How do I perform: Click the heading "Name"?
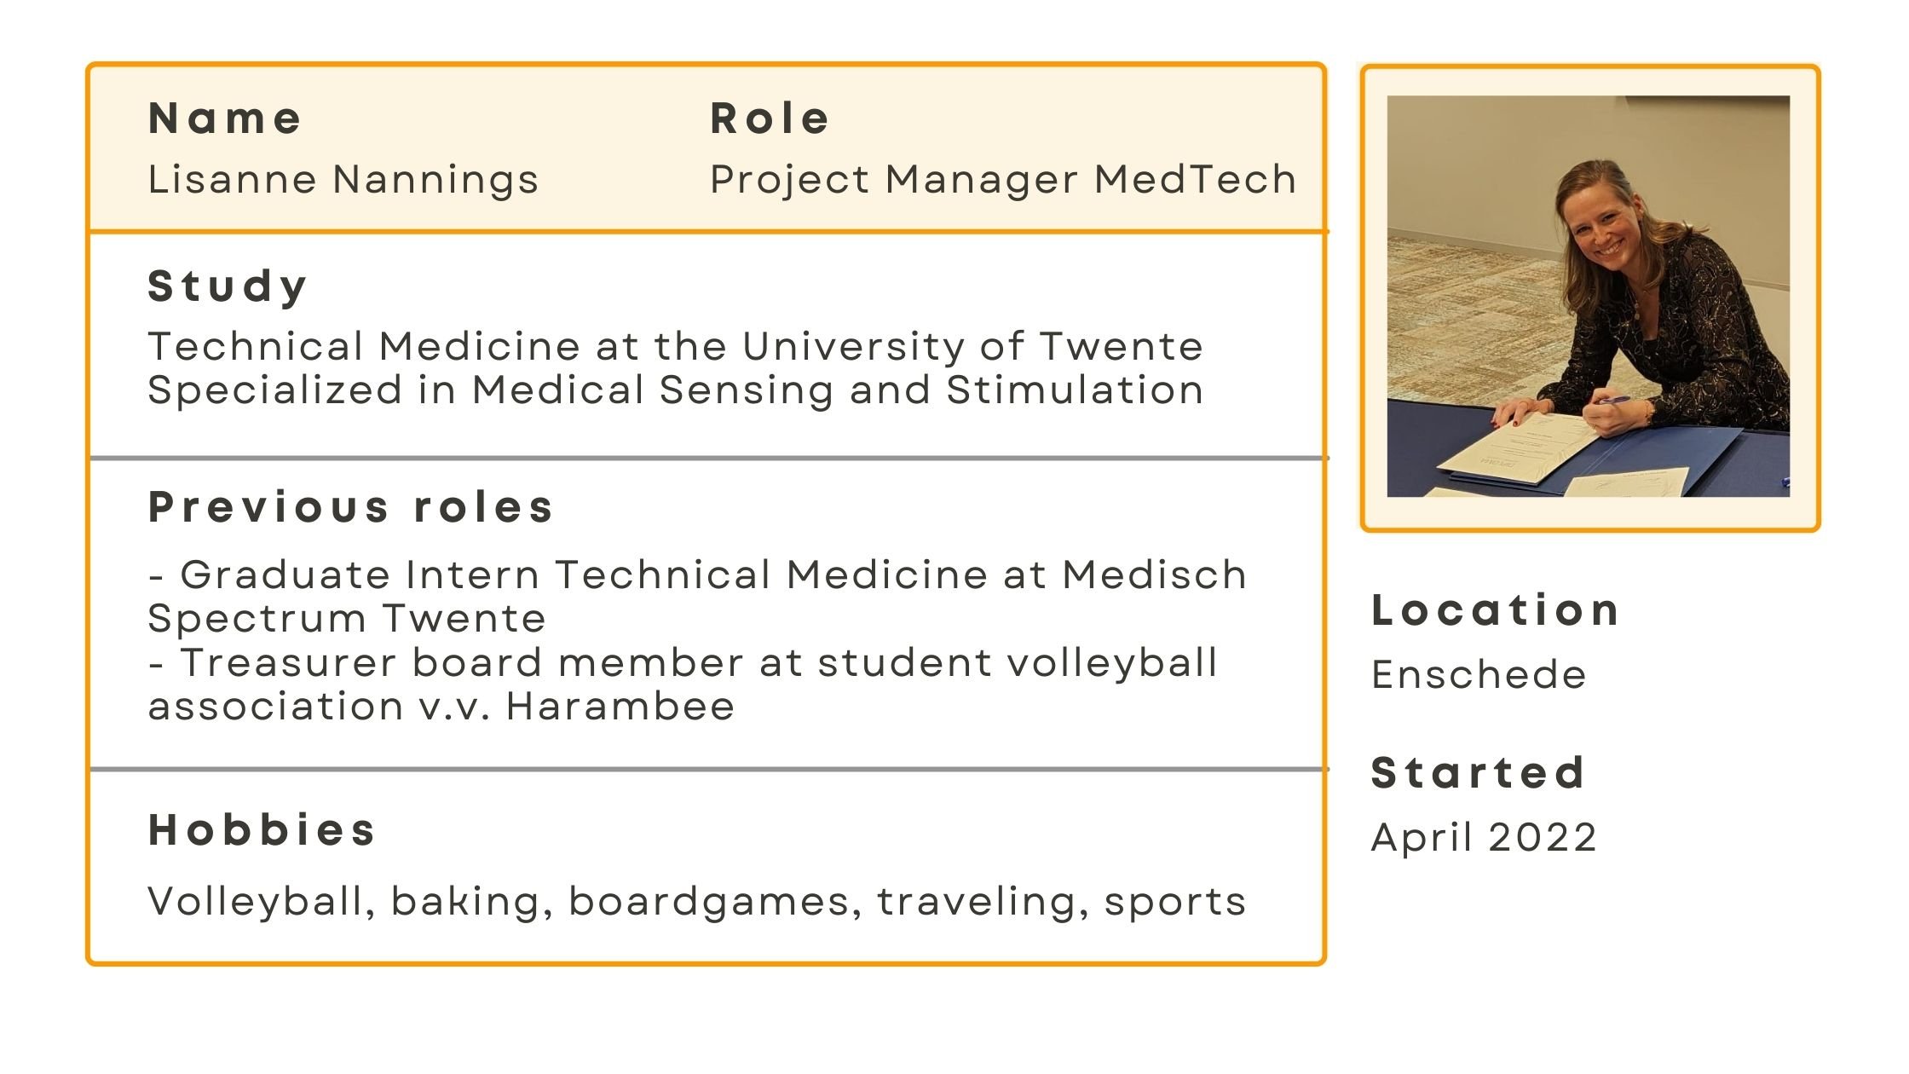tap(225, 118)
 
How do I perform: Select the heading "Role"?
tap(770, 118)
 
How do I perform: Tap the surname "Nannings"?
tap(435, 181)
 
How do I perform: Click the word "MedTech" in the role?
tap(1195, 179)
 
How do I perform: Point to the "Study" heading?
tap(228, 286)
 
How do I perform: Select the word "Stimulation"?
tap(1075, 390)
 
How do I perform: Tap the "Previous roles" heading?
tap(351, 507)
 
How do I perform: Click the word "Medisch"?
tap(1155, 575)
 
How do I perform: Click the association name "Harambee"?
tap(620, 707)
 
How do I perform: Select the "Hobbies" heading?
tap(262, 829)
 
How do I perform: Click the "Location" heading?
tap(1496, 610)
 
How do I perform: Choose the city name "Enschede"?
tap(1479, 674)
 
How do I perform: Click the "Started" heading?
tap(1478, 772)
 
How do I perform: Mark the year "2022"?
tap(1543, 837)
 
